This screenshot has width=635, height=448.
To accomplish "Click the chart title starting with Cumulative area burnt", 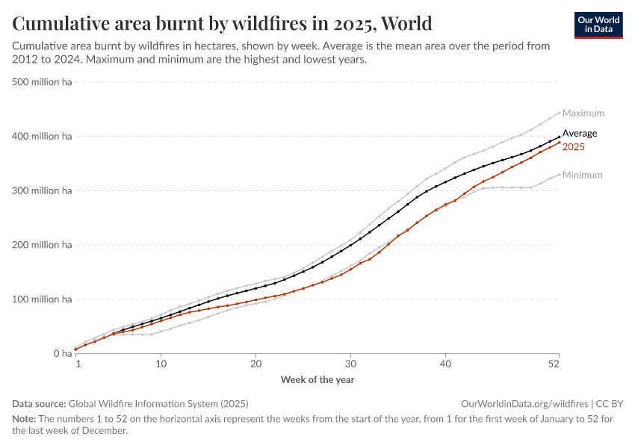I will [x=223, y=24].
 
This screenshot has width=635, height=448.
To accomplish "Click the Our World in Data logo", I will [x=598, y=25].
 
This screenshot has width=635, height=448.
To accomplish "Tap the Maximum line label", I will [x=583, y=113].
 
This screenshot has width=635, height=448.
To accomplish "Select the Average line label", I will [x=579, y=134].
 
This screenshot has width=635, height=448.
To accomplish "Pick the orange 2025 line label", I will [x=573, y=147].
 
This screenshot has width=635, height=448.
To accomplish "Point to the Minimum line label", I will [x=582, y=175].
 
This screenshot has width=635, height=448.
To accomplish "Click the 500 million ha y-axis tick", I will [x=43, y=82].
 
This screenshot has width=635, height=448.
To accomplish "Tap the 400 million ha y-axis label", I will [x=43, y=137].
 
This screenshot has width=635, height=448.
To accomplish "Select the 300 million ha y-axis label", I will [x=43, y=191].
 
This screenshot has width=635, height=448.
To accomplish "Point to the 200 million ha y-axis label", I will [x=43, y=245].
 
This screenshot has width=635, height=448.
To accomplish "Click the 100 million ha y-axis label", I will [x=43, y=299].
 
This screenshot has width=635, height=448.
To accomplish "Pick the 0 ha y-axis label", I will [x=61, y=354].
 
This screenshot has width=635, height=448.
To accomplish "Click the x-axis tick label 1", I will [x=78, y=364].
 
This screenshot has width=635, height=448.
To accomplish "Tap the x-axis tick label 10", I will [x=161, y=364].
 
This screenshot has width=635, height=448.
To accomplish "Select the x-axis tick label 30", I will [x=350, y=364].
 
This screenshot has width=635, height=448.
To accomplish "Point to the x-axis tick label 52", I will [x=554, y=364].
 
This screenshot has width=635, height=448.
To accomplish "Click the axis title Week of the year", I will [x=317, y=380].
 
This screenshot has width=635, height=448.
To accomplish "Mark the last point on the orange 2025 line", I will [x=559, y=143].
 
